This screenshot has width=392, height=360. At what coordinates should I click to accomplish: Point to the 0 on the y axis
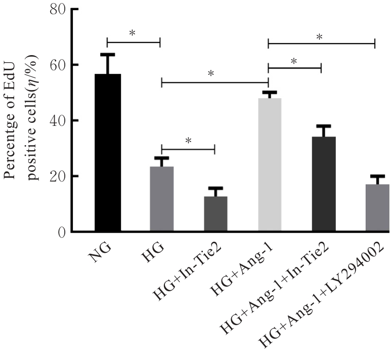[62, 232]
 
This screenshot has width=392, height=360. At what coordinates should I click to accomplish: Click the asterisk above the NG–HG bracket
[133, 33]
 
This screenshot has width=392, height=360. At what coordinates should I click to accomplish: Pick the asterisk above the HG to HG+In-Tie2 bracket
[188, 140]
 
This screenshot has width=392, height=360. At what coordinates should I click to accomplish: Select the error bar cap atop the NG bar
[107, 54]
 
